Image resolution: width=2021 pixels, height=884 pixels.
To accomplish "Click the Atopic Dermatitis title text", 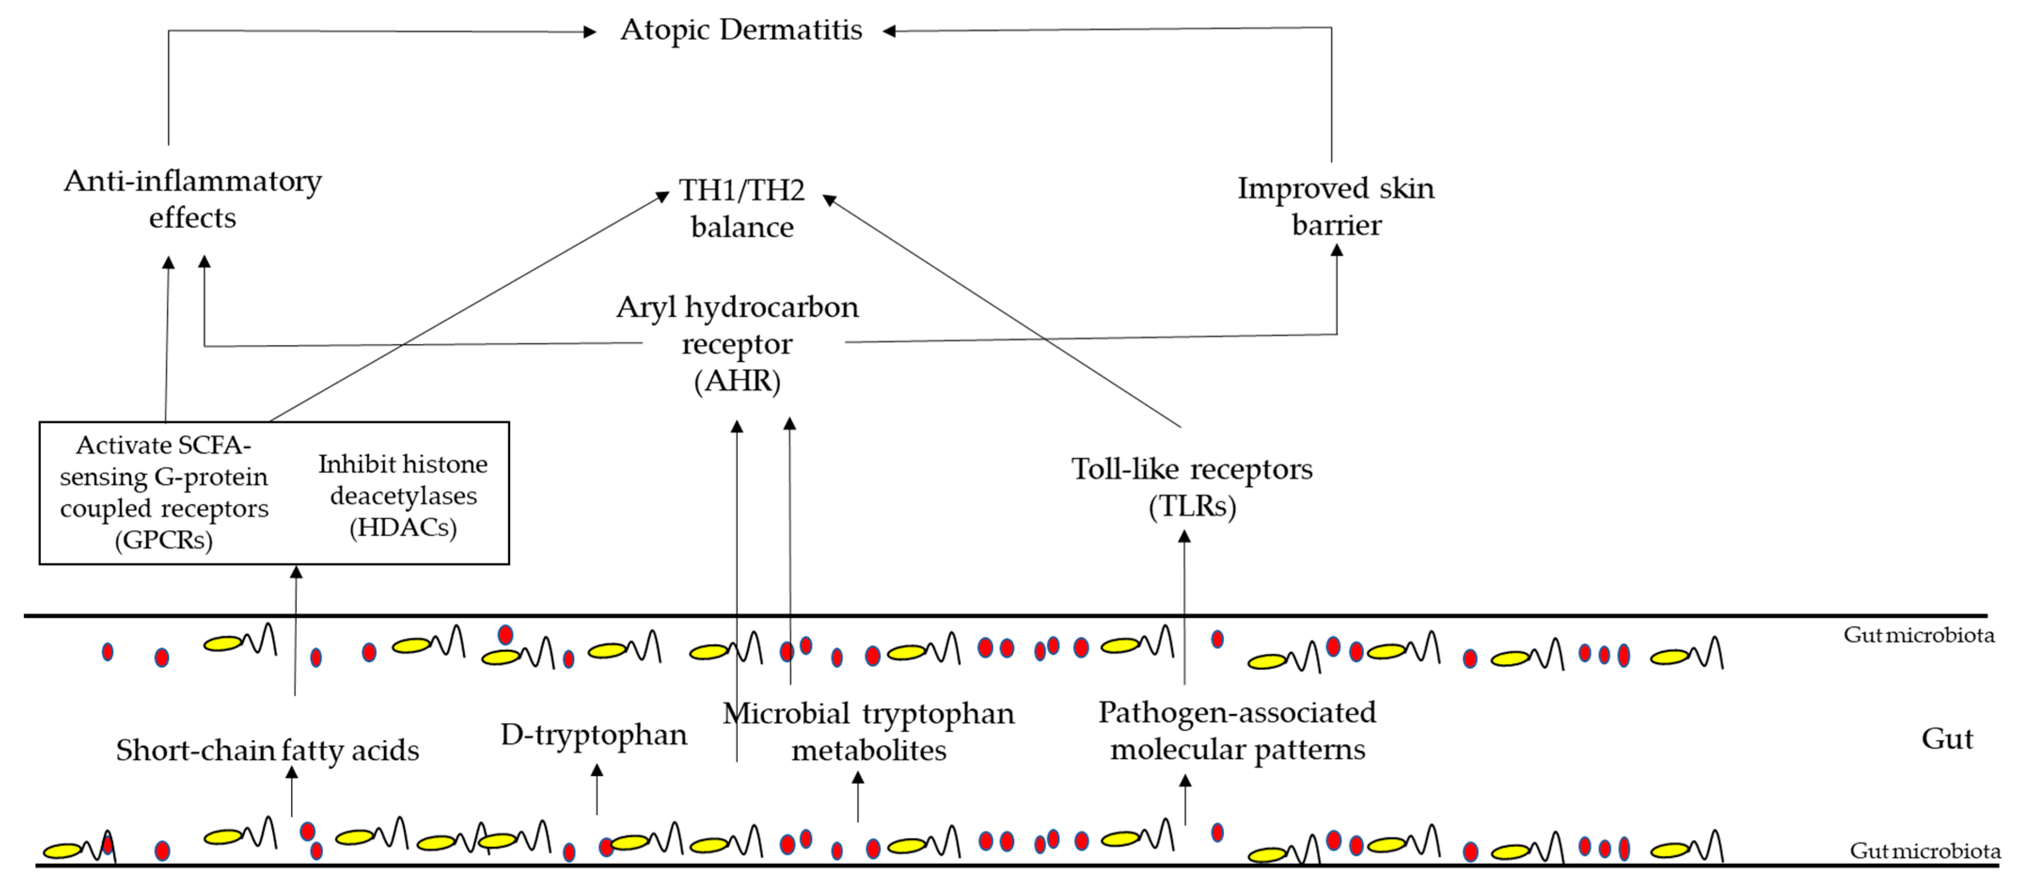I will tap(740, 30).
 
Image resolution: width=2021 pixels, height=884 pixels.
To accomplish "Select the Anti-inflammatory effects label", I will tap(192, 199).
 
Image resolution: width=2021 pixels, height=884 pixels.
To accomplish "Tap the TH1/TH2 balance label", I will tap(741, 208).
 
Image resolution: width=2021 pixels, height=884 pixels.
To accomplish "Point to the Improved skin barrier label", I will tap(1336, 206).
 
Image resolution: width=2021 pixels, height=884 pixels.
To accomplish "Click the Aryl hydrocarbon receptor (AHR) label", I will tap(738, 344).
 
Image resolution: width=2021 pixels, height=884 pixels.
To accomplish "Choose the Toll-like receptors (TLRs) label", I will tap(1192, 487).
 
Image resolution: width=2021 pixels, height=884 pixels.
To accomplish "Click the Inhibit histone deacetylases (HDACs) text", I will tap(402, 495).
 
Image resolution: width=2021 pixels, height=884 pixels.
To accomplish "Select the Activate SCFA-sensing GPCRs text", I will tap(164, 492).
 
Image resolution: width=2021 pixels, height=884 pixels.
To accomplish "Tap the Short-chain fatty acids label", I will tap(267, 750).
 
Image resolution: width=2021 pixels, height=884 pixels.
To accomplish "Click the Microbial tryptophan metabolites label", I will tap(868, 731).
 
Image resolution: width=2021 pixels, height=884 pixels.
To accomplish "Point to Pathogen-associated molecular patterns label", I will tap(1237, 730).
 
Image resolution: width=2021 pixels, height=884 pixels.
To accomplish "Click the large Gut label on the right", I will tap(1946, 738).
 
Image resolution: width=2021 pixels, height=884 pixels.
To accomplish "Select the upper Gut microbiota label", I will tap(1918, 634).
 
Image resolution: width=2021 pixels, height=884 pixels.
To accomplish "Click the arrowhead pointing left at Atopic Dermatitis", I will tap(889, 31).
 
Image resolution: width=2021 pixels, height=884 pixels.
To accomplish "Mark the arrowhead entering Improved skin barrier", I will tap(1337, 250).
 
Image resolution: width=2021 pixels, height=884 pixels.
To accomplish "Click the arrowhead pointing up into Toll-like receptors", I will tap(1185, 537).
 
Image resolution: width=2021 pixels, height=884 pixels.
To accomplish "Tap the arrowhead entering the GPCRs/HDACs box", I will tap(296, 572).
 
